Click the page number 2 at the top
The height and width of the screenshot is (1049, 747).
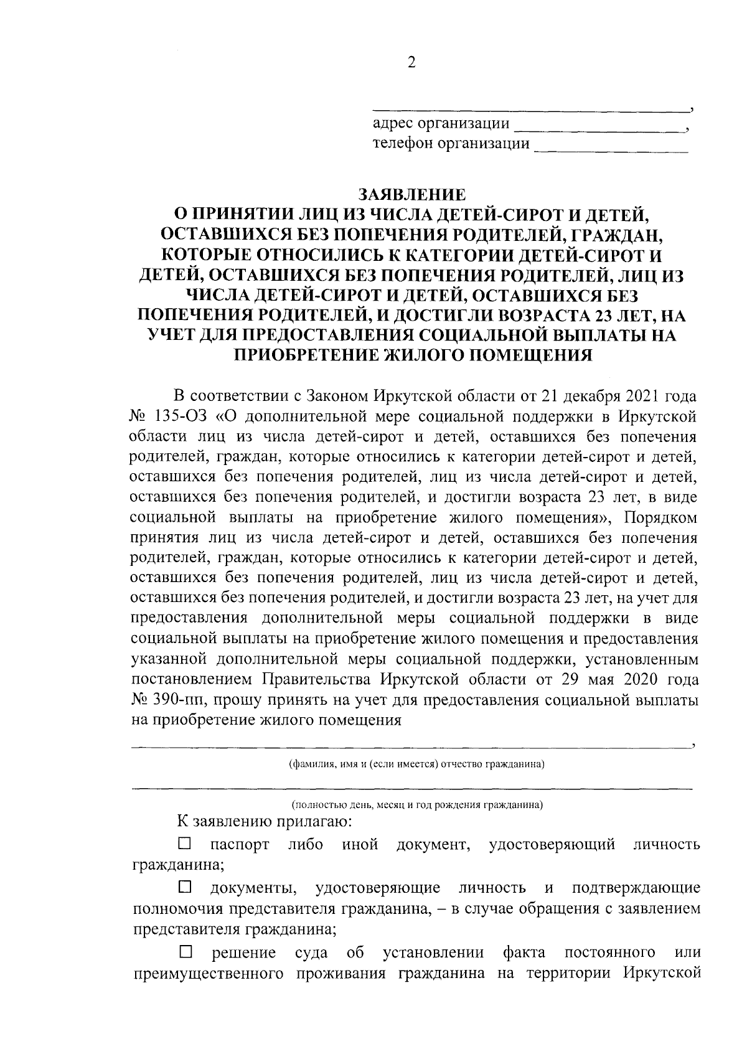(x=410, y=62)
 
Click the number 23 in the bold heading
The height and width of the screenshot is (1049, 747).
(x=599, y=315)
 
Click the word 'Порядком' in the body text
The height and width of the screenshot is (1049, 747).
(x=660, y=518)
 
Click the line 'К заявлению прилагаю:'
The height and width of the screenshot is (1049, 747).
(x=265, y=821)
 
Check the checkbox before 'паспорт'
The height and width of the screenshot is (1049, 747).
(x=185, y=844)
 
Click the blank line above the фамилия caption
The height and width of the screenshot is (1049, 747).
(x=411, y=745)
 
